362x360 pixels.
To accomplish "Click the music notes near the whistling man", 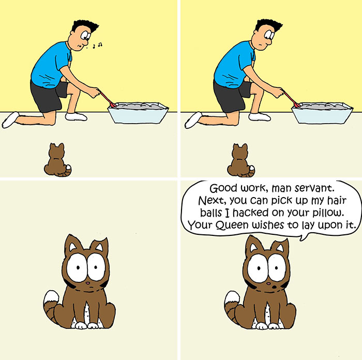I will click(x=97, y=45).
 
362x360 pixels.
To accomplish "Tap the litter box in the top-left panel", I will click(x=138, y=112).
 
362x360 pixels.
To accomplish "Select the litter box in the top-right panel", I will click(x=322, y=112).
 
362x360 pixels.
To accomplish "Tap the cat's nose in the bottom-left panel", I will click(x=87, y=283).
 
